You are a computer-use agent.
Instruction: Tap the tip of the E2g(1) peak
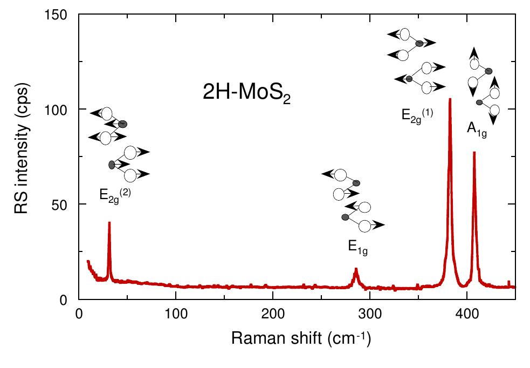coord(450,99)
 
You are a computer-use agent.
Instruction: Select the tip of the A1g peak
coord(474,153)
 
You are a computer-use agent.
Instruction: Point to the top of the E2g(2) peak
coord(109,223)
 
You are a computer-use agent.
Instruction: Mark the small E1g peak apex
coord(356,269)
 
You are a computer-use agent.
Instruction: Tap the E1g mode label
coord(358,249)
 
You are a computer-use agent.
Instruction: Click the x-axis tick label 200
coord(273,312)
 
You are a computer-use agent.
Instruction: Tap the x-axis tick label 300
coord(370,312)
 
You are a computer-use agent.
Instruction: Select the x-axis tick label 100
coord(176,312)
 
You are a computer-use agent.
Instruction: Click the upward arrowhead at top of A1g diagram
coord(473,50)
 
